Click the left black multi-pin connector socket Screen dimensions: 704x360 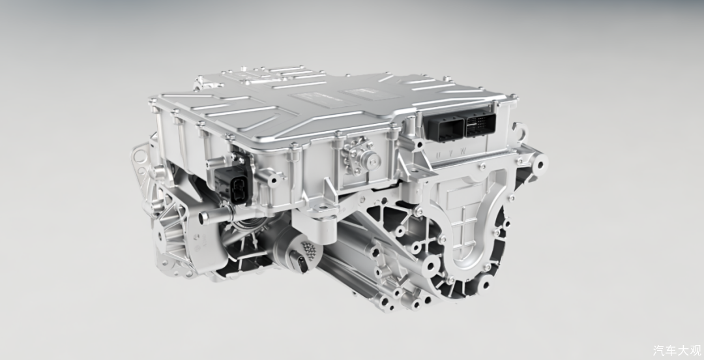444,127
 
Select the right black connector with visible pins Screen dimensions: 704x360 480,124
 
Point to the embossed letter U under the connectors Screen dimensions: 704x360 439,155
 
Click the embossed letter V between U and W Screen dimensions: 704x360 451,154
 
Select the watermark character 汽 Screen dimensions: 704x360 659,350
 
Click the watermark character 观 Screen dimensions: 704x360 695,350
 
